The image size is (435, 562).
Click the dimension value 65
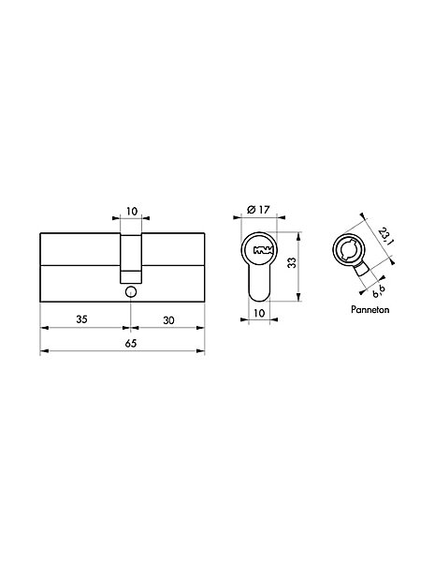click(x=131, y=344)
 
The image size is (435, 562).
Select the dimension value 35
click(x=81, y=319)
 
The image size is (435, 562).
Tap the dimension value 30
click(x=168, y=320)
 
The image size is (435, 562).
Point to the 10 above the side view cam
click(x=132, y=211)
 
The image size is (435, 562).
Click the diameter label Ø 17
click(x=258, y=209)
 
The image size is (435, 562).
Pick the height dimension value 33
click(x=293, y=263)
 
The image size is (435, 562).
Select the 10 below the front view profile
click(x=259, y=313)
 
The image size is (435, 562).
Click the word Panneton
click(x=370, y=309)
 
